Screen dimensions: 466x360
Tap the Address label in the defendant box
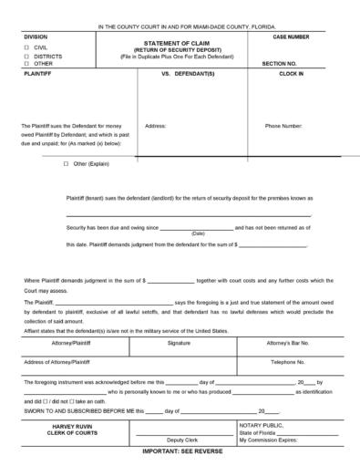tap(155, 126)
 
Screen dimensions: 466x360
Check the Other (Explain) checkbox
tap(66, 164)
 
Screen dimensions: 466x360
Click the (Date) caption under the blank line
tap(198, 233)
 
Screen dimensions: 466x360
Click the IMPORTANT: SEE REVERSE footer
tap(181, 451)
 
